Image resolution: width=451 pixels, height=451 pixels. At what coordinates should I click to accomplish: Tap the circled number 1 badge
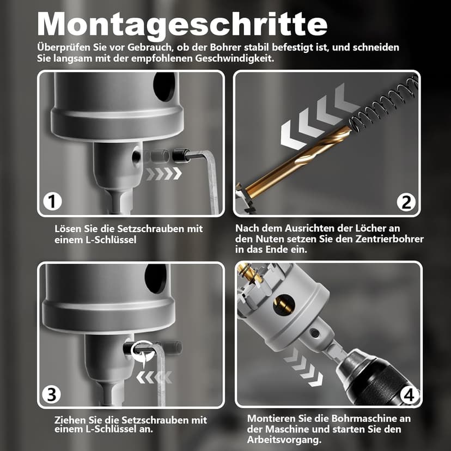click(52, 202)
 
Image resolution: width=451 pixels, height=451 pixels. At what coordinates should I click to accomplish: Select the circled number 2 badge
click(406, 202)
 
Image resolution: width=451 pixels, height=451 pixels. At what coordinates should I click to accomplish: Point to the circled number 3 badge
click(52, 394)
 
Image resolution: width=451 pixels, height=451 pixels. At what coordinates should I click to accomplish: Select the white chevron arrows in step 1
click(163, 174)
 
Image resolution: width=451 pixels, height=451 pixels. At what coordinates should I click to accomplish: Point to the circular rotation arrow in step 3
click(143, 353)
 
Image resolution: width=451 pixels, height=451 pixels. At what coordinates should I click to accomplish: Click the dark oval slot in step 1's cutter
click(164, 86)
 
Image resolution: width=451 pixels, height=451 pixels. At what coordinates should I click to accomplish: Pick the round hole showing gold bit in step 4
click(284, 304)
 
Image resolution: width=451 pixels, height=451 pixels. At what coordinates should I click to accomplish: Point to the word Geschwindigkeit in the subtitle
click(234, 58)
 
